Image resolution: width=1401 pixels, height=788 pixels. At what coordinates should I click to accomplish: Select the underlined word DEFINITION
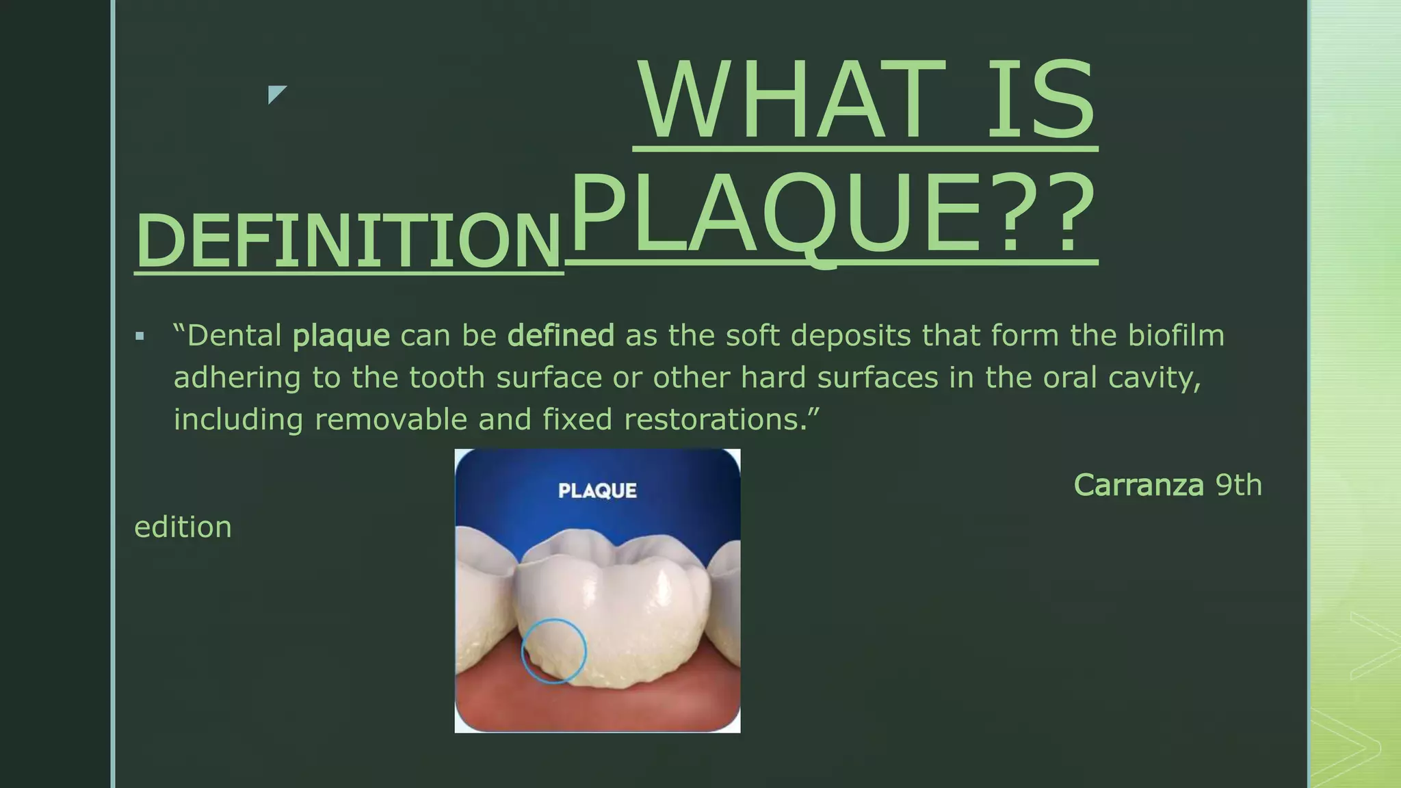click(x=348, y=241)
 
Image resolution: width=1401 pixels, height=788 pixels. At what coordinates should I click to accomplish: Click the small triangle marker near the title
click(x=276, y=94)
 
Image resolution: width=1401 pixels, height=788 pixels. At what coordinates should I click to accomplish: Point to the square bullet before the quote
click(x=140, y=337)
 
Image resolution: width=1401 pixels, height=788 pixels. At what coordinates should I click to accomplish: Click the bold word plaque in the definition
click(x=341, y=336)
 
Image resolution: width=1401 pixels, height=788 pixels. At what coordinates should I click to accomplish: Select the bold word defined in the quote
click(x=560, y=336)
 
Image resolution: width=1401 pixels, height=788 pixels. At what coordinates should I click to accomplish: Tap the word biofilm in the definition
click(x=1176, y=336)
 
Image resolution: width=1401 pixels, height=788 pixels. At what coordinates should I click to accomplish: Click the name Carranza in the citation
click(x=1138, y=485)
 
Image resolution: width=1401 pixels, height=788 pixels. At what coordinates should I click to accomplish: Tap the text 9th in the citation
click(x=1238, y=485)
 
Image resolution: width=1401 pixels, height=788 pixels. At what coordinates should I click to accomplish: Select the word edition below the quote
click(x=183, y=527)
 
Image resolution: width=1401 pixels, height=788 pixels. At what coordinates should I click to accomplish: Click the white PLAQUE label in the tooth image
click(x=597, y=490)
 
